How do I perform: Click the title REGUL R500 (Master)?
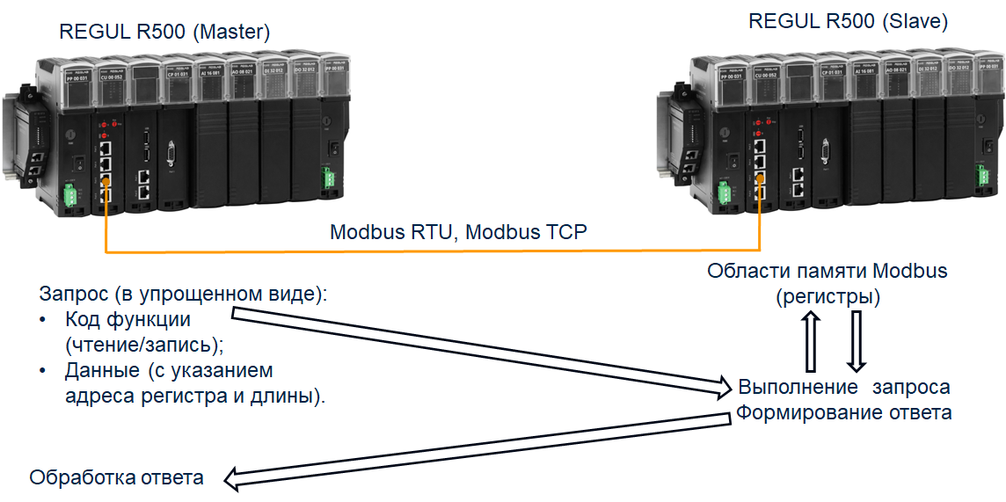164,33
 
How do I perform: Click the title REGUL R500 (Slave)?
848,22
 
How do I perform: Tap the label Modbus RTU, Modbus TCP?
458,233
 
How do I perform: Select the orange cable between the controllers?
431,253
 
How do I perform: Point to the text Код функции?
128,318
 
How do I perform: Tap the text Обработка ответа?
117,477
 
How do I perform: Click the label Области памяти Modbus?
827,271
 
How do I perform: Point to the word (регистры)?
827,297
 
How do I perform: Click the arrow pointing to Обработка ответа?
475,448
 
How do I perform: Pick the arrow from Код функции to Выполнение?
484,348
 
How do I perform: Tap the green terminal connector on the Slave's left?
726,193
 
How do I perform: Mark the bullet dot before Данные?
42,370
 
